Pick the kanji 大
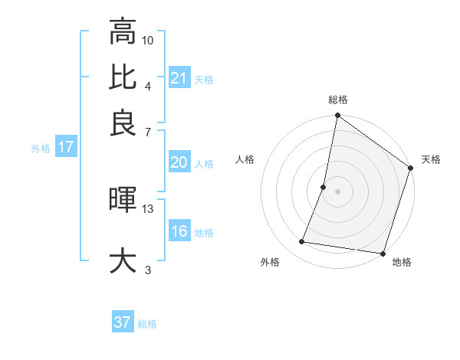coord(123,260)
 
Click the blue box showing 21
coord(179,77)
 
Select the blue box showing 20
coord(179,162)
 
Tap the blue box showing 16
coord(179,231)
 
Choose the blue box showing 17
coord(65,147)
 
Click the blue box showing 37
coord(123,322)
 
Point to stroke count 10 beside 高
coord(148,40)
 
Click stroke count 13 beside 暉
coord(148,208)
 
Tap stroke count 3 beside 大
coord(148,270)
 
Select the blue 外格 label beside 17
coord(41,149)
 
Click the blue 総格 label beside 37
coord(147,324)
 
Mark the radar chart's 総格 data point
coord(337,116)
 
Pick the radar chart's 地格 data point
coord(383,253)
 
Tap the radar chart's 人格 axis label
coord(245,159)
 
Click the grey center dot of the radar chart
coord(337,191)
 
